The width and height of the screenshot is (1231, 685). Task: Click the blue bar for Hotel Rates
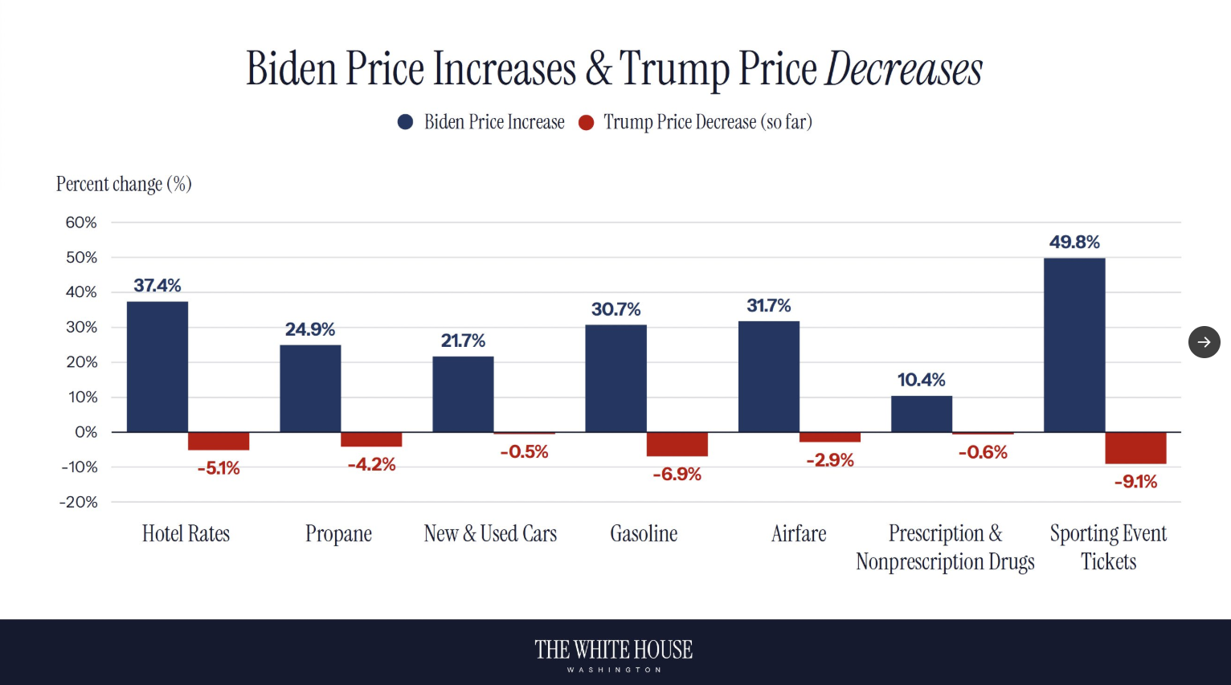point(157,366)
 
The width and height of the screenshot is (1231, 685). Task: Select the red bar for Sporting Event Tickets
point(1135,448)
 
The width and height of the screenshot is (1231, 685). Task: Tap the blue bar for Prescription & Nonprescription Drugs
point(922,414)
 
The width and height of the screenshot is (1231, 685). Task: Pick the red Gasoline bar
point(677,444)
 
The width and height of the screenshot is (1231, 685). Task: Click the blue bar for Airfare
point(769,377)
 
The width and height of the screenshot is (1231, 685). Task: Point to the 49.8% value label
point(1074,242)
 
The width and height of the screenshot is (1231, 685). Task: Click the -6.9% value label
point(677,474)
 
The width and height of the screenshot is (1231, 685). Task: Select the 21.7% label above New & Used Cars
point(463,340)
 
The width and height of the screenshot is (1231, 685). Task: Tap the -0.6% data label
point(983,452)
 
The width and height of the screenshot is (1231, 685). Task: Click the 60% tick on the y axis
point(81,222)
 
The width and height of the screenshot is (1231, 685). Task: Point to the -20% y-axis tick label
point(79,502)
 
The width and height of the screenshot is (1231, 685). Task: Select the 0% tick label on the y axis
point(86,432)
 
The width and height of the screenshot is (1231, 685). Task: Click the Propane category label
point(338,534)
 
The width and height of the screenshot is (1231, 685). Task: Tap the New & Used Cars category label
point(490,534)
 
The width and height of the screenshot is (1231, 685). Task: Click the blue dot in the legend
point(405,122)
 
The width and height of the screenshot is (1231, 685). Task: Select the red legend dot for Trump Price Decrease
point(587,122)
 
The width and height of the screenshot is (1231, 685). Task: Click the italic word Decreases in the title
point(904,69)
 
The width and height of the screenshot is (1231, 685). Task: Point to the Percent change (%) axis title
point(124,184)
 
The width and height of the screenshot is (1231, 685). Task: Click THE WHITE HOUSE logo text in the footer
point(614,650)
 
